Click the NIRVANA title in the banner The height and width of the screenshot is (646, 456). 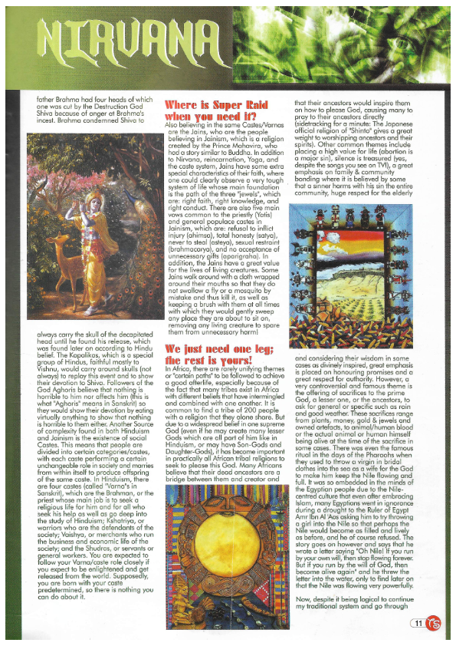pos(130,38)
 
